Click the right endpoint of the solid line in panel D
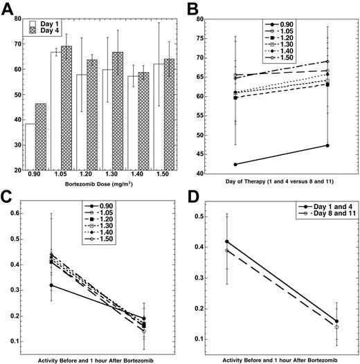point(336,321)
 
